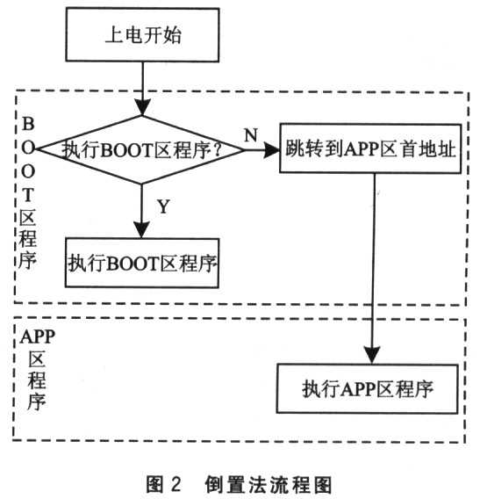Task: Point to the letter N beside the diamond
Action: [251, 135]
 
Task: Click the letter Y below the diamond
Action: [163, 206]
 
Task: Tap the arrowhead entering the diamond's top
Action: [142, 107]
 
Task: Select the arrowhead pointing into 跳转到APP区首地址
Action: [271, 149]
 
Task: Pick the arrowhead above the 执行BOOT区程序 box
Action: [141, 230]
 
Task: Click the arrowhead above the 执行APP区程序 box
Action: [372, 356]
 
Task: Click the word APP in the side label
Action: [38, 336]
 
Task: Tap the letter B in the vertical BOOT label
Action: [28, 124]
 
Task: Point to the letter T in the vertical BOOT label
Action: [28, 194]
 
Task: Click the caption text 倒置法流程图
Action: [269, 484]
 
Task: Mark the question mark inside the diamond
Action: [218, 149]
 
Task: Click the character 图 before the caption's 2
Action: [154, 484]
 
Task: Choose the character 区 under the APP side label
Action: [37, 359]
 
